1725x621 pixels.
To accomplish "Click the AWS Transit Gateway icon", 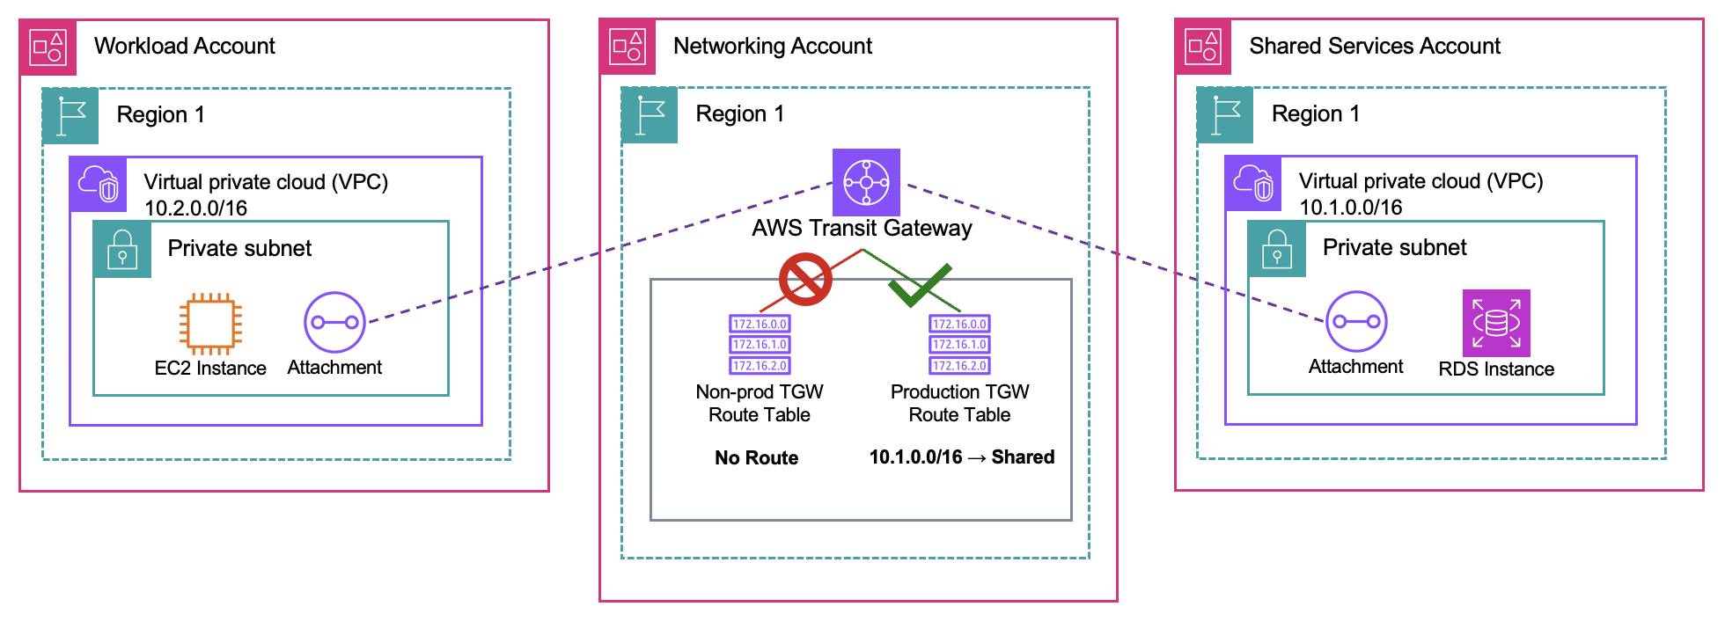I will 866,182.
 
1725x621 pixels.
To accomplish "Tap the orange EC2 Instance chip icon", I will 210,324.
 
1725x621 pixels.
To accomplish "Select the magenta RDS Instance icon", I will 1496,323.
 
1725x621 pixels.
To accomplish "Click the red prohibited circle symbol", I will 805,280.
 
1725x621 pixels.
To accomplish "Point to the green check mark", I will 919,285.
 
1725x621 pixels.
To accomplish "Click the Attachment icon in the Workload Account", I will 334,322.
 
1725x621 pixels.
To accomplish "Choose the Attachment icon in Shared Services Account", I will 1356,321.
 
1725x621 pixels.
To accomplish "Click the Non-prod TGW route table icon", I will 760,345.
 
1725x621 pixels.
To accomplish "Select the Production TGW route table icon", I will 959,345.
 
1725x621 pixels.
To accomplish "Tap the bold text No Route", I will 756,457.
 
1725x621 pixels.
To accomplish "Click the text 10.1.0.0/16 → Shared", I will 961,457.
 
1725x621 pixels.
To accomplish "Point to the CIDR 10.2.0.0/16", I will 195,208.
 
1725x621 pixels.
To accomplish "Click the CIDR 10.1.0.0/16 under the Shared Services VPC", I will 1350,208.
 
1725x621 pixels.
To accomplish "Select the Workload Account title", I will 184,46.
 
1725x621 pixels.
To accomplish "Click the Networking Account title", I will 772,46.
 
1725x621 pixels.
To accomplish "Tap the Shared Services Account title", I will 1374,46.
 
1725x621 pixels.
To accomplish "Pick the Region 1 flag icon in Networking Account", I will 650,115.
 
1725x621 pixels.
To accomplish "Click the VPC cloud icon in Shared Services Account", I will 1253,183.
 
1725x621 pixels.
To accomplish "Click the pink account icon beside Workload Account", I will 48,47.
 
